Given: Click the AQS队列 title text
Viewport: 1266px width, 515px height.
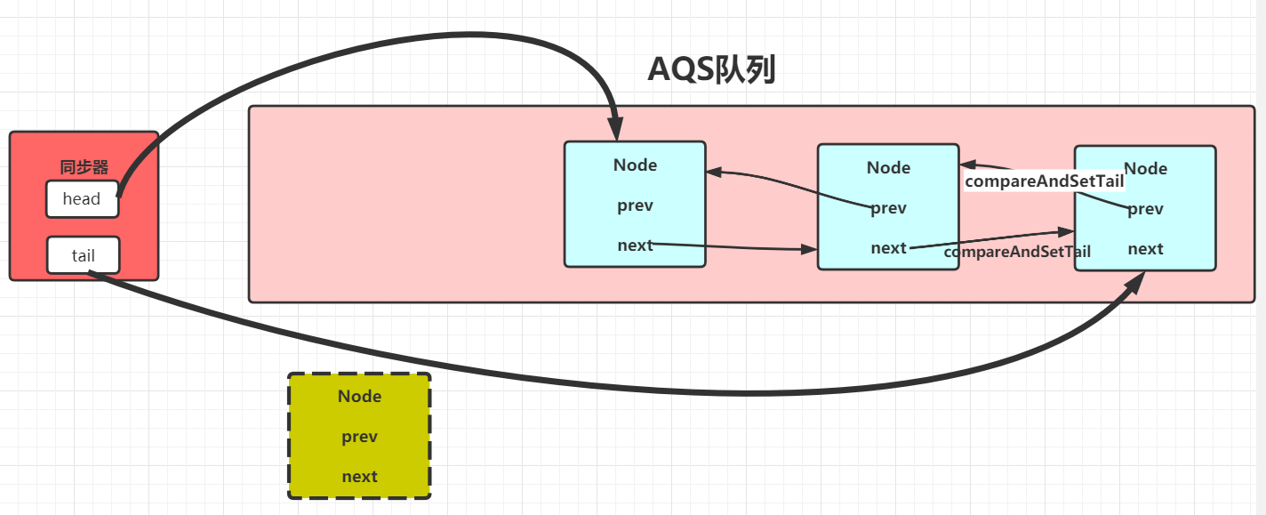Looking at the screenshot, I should [712, 69].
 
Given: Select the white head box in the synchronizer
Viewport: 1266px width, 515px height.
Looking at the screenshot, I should [82, 199].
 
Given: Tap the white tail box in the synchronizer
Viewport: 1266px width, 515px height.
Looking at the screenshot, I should [83, 255].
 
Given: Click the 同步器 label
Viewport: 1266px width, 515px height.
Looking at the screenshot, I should [84, 167].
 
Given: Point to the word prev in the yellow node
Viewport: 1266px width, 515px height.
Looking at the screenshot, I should [359, 437].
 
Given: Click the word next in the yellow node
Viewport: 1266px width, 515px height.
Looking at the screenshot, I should [359, 477].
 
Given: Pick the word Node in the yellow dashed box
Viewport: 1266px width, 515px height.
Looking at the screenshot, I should [359, 397].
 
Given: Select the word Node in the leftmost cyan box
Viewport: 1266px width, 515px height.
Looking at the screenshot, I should [635, 165].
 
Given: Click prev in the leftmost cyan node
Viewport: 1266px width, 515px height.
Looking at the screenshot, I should [635, 205].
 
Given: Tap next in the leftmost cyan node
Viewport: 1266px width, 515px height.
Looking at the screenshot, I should [635, 245].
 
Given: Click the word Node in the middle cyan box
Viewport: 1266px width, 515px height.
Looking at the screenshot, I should [888, 168].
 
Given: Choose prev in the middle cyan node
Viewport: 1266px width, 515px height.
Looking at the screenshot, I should [888, 208].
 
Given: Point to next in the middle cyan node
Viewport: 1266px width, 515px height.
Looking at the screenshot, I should [888, 248].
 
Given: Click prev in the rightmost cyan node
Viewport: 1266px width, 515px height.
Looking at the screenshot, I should [1145, 209].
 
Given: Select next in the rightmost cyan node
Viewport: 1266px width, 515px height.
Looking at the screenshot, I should [1145, 249].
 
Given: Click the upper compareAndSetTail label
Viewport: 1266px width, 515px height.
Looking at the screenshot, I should [1045, 181].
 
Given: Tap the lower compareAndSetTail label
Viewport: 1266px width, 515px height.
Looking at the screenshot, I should [1017, 252].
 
